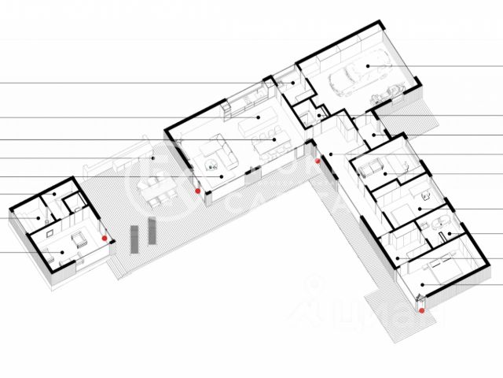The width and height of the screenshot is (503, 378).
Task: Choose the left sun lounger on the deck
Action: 133,236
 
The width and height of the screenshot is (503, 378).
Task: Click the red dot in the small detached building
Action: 104,237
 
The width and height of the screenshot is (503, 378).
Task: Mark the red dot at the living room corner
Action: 197,190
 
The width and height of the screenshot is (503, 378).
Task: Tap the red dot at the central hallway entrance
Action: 318,161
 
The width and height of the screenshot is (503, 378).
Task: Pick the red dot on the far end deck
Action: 422,310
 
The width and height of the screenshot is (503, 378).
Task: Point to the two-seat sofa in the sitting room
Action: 371,167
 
